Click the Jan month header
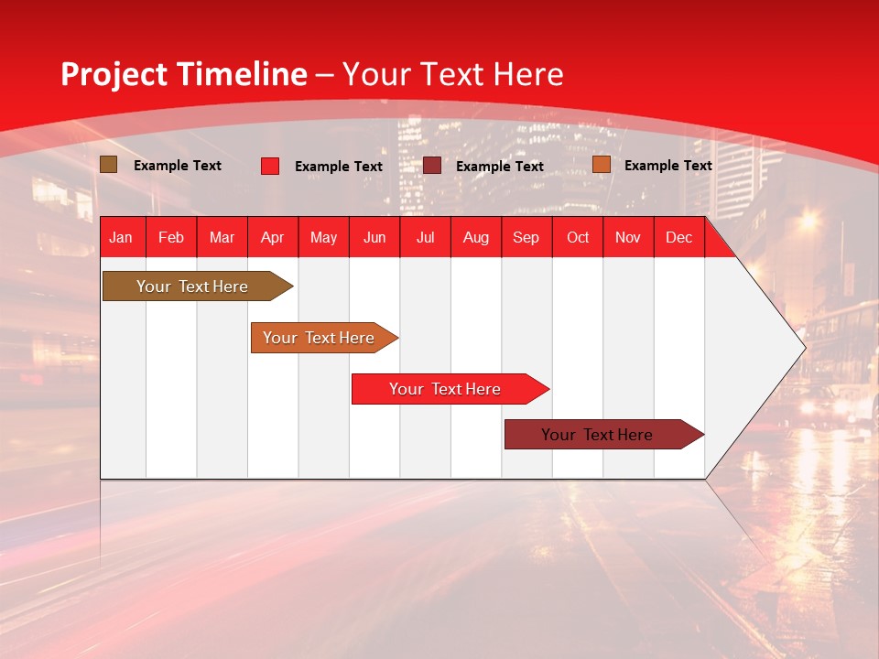(121, 237)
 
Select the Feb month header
(171, 237)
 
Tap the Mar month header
(222, 237)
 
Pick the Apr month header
(273, 237)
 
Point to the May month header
(323, 237)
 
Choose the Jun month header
(374, 237)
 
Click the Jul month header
(425, 237)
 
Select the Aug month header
(476, 237)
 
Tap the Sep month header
(526, 237)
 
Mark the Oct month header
(578, 237)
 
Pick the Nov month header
(628, 237)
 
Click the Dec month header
(679, 237)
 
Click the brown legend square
(109, 165)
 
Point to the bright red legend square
(270, 166)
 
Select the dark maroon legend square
(432, 166)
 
